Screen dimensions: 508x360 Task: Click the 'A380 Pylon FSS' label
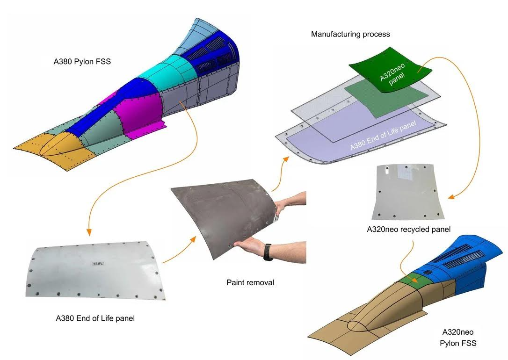coord(82,61)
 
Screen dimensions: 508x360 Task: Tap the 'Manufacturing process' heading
coord(350,34)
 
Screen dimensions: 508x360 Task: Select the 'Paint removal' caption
coord(250,282)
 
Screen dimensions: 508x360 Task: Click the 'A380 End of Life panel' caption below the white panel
coord(95,318)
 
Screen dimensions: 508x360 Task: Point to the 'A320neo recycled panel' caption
coord(408,229)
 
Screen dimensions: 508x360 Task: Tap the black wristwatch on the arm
coord(268,252)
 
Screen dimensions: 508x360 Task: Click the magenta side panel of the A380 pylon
coord(139,112)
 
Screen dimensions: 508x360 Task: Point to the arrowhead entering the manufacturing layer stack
coord(286,158)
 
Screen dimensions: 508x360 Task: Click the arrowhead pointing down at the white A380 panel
coord(88,232)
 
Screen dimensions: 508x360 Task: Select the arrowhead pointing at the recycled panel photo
coord(451,196)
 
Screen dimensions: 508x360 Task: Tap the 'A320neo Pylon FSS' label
coord(458,338)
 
